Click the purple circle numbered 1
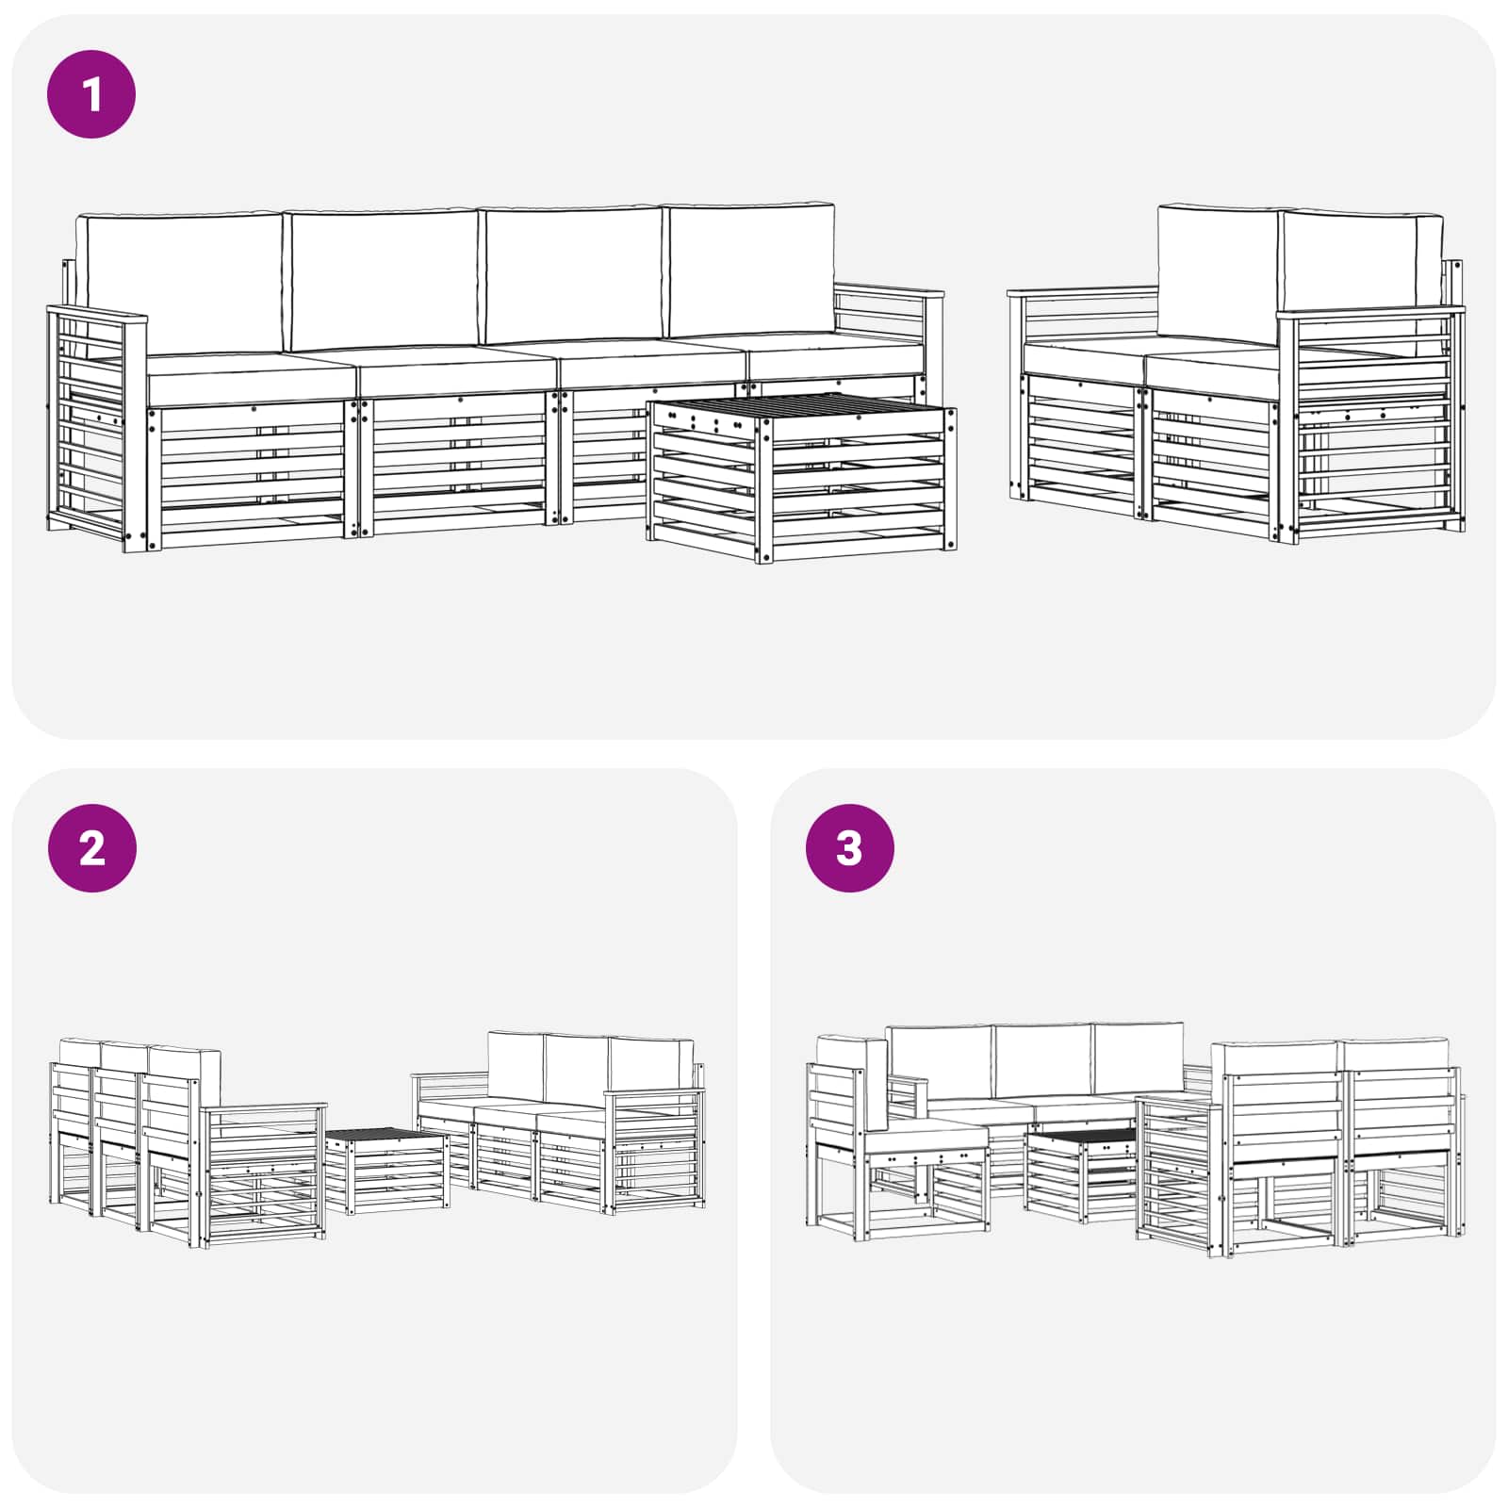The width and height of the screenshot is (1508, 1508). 91,94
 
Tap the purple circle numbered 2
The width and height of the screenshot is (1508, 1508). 91,847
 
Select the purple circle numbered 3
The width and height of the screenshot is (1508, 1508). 849,847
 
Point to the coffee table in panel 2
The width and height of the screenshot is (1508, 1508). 386,1170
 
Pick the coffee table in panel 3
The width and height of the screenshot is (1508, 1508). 1081,1174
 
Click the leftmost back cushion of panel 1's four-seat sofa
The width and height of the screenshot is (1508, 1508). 179,283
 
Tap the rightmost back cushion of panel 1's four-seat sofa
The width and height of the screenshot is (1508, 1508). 751,269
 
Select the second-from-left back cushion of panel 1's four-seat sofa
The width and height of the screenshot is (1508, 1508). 383,280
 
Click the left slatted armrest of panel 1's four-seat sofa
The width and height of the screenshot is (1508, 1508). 97,429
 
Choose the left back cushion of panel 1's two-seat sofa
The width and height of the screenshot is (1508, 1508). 1219,273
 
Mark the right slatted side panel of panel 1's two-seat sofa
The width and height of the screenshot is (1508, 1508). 1371,424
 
